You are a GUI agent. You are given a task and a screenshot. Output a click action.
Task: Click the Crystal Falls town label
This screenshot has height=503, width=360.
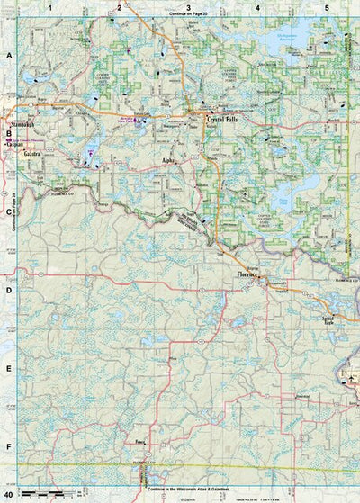coord(225,118)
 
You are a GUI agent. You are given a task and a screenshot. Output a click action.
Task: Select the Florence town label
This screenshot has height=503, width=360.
coord(247,274)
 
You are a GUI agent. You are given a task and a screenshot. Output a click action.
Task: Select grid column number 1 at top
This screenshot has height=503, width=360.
coord(51,7)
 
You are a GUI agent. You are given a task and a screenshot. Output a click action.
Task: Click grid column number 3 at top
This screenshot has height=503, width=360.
coord(187,7)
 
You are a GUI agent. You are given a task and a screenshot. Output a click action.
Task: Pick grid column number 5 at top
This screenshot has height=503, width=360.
coord(325,7)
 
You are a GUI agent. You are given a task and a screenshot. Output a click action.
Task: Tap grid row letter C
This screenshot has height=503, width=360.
coord(8,212)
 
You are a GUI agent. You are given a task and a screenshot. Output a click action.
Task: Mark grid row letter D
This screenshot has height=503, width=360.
coord(8,291)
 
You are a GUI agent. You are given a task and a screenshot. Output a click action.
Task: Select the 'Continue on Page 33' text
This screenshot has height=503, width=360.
coord(187,16)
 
